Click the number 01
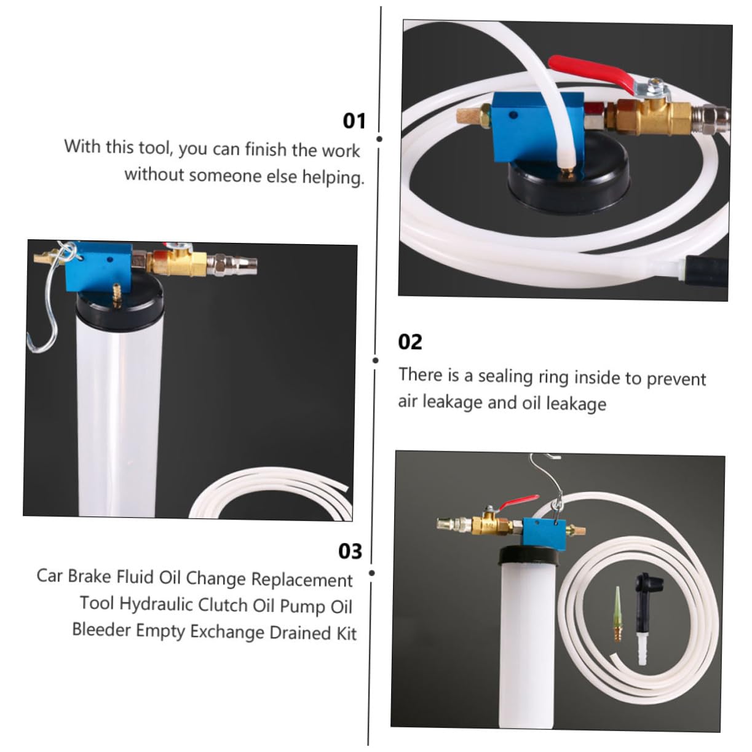click(x=354, y=121)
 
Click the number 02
click(x=410, y=341)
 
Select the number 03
click(x=350, y=551)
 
